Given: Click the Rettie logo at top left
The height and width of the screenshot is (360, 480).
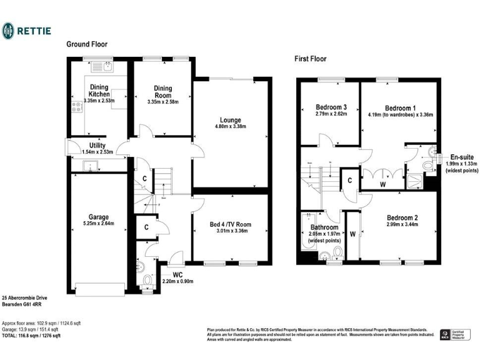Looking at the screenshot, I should (26, 31).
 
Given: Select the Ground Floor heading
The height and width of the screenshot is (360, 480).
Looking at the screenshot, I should (87, 44).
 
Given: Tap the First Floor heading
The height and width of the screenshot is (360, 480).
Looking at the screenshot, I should (310, 59).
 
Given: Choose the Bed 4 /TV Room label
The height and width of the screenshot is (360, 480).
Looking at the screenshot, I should (230, 224).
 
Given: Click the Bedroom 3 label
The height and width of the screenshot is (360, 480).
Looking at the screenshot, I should (331, 106).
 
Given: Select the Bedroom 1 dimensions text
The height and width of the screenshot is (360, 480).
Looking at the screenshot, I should (400, 114).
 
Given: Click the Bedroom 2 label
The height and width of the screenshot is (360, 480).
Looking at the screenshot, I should (401, 217).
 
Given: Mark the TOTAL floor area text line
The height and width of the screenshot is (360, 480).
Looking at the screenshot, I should (31, 336).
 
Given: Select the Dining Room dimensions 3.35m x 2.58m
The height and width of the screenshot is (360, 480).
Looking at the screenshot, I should (162, 102).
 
